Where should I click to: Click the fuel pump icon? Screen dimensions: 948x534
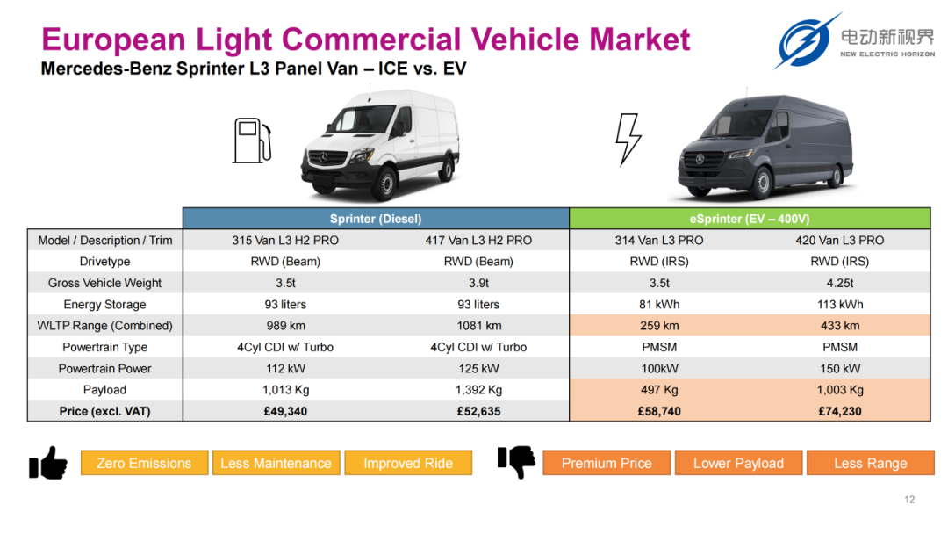click(x=252, y=141)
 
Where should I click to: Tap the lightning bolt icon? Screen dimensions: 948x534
click(x=628, y=139)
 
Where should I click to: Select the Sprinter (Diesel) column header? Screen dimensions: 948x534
click(x=376, y=219)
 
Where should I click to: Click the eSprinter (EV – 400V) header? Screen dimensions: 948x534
click(x=750, y=219)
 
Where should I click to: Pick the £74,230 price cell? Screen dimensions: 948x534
click(x=840, y=411)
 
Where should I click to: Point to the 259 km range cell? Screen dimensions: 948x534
click(x=659, y=325)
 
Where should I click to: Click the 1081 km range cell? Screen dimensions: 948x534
click(x=479, y=325)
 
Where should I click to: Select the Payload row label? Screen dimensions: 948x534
click(x=104, y=390)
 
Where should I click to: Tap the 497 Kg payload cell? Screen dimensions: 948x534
click(x=659, y=390)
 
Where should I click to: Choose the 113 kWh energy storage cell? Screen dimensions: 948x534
click(x=840, y=304)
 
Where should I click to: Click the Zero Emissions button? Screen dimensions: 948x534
click(x=144, y=463)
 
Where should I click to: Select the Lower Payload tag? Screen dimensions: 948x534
click(x=738, y=463)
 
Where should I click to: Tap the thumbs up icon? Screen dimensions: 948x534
click(x=47, y=463)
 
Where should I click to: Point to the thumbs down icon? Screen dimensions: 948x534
click(x=516, y=462)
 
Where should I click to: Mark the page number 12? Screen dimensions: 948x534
click(x=909, y=500)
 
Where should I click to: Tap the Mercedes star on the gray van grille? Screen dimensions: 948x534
click(x=700, y=159)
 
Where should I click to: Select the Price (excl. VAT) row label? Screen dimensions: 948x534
click(x=104, y=411)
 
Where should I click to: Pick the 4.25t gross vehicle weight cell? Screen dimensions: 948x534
click(x=840, y=283)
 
